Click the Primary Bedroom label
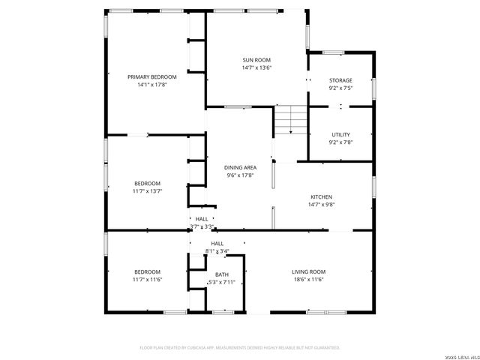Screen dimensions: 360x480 point(152,77)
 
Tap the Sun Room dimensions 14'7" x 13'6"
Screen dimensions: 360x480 point(256,67)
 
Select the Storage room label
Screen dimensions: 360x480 point(340,80)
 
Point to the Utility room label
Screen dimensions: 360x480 point(340,134)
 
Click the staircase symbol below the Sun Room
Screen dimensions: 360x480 point(291,120)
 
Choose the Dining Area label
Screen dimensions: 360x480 point(241,167)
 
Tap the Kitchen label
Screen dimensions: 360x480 point(322,196)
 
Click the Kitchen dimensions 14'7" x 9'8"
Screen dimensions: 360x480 point(322,204)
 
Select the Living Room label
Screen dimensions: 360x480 point(308,271)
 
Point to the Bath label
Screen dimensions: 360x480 point(222,274)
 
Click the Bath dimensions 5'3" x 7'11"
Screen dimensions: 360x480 point(222,282)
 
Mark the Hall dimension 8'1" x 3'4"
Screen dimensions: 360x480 point(217,251)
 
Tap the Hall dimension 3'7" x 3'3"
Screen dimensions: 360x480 point(202,226)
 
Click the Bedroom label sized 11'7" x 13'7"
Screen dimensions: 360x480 point(147,183)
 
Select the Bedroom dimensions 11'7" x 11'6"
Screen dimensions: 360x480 point(147,280)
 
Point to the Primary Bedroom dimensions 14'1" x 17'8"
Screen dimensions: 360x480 point(152,85)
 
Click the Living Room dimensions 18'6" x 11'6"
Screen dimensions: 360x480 point(308,280)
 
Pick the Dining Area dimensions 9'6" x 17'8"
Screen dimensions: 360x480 point(241,175)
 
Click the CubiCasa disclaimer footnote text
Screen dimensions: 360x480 point(240,347)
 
